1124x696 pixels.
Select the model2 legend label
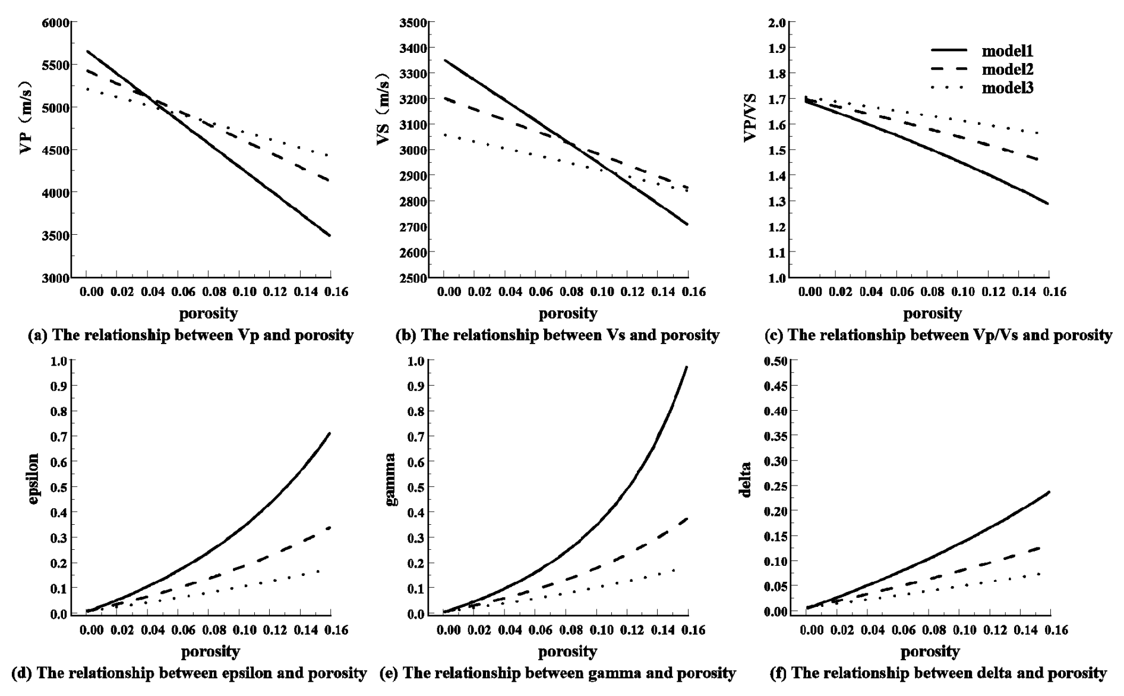(1008, 70)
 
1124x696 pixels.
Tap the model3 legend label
(1008, 88)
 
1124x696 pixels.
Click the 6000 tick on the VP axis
(56, 23)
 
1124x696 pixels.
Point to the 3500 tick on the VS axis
(415, 23)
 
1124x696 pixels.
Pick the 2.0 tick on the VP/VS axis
(778, 23)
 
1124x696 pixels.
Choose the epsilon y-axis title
(33, 479)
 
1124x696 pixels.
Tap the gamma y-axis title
(391, 479)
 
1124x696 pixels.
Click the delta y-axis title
(746, 479)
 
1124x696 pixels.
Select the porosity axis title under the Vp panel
(209, 313)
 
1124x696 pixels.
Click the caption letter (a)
(37, 335)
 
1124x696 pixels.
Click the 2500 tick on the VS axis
(415, 278)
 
